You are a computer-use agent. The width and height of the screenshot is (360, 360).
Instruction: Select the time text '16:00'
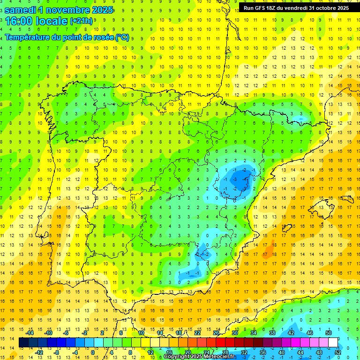point(22,22)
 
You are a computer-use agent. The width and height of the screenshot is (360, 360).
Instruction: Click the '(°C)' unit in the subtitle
point(121,37)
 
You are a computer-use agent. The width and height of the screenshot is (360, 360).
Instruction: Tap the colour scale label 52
point(338,352)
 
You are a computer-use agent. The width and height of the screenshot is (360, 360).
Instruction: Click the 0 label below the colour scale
point(92,352)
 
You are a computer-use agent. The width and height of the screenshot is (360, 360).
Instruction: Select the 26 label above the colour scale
point(216,333)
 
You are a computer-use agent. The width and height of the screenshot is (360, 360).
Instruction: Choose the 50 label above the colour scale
point(328,333)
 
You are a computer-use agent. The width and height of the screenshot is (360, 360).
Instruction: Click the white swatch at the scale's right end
point(333,343)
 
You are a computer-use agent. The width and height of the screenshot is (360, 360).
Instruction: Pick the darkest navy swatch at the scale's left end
point(23,343)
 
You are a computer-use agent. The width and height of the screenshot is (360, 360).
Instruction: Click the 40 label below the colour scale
point(281,352)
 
